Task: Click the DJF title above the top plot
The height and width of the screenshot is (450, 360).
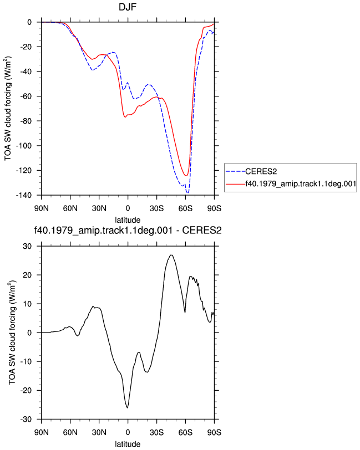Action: click(x=128, y=7)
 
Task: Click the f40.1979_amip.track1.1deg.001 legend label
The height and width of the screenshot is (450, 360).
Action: click(x=301, y=183)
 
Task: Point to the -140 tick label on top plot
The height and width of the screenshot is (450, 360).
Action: click(x=23, y=196)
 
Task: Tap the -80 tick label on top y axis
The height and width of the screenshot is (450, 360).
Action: click(x=26, y=121)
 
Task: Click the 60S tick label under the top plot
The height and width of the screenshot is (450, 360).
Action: click(x=185, y=208)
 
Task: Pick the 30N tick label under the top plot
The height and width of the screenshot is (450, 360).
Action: click(x=99, y=208)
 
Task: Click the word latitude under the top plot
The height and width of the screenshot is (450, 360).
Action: click(x=128, y=220)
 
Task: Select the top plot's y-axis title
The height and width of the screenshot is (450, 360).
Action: click(x=8, y=109)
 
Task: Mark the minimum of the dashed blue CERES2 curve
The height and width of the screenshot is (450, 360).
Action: click(x=187, y=193)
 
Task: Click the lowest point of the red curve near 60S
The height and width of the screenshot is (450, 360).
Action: click(x=186, y=176)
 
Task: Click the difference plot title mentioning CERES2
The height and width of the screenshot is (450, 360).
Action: click(x=128, y=230)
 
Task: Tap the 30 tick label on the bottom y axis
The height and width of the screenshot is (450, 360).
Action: click(x=28, y=246)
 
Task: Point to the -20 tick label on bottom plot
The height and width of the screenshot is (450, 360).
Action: click(x=26, y=391)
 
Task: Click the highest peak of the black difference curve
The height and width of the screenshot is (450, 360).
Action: click(x=171, y=255)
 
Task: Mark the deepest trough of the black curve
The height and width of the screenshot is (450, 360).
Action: click(x=127, y=407)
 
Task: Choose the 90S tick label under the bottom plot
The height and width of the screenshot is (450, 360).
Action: click(x=214, y=432)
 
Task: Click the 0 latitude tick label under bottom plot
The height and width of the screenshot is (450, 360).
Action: click(x=128, y=432)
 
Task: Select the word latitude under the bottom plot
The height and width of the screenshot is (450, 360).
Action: click(x=128, y=444)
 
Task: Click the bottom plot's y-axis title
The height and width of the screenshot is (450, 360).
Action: click(x=12, y=333)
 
